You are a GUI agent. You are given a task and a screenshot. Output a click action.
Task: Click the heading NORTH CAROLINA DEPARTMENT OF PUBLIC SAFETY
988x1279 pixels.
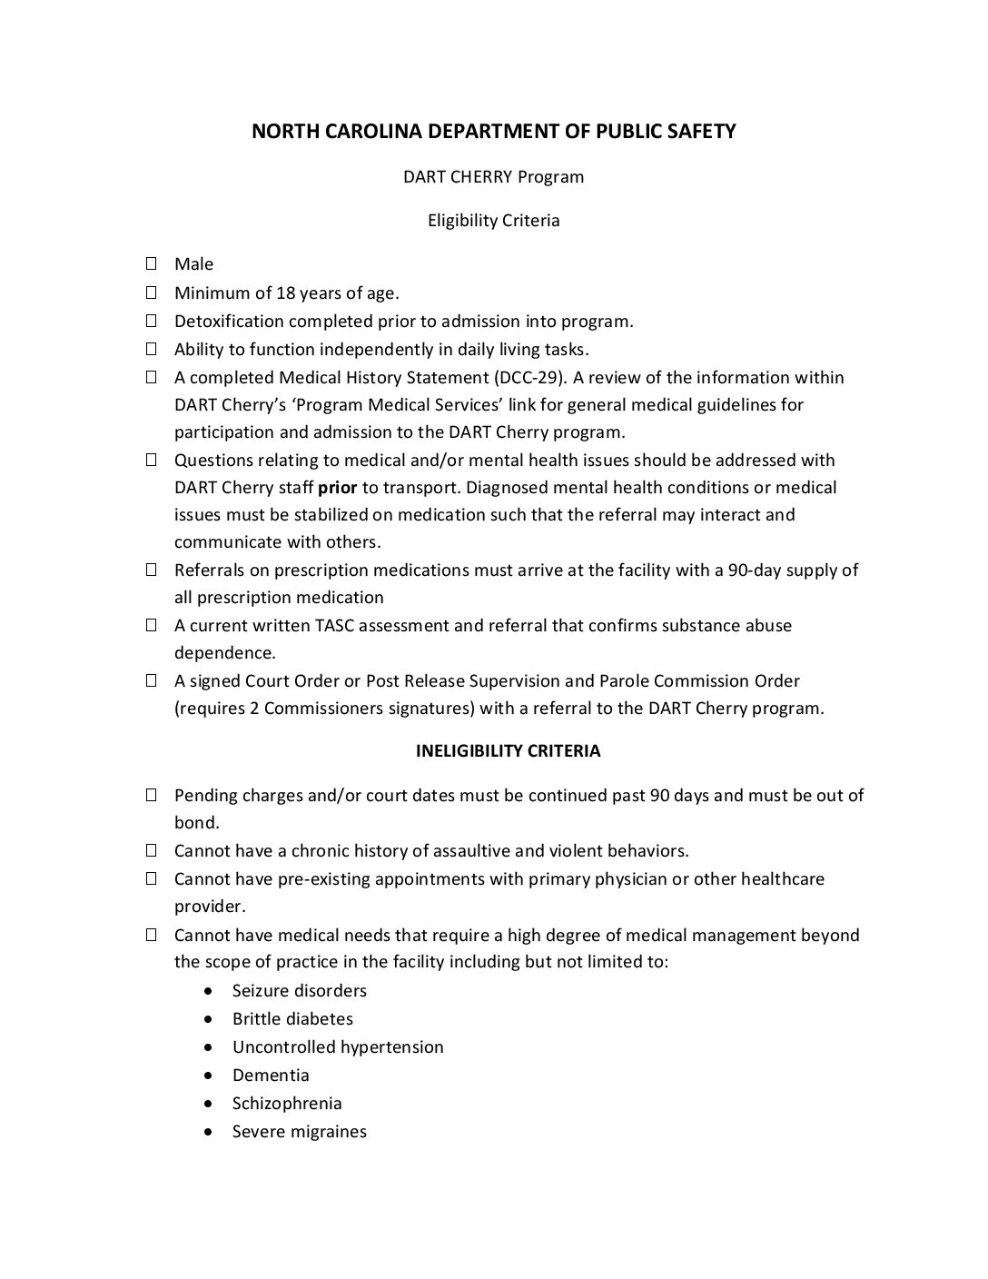493,132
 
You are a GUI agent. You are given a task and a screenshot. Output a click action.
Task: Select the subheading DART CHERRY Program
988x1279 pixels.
493,176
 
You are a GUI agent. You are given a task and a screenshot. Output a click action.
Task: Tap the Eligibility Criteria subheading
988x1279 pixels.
493,221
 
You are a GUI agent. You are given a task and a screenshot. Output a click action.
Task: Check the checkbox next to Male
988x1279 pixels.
152,264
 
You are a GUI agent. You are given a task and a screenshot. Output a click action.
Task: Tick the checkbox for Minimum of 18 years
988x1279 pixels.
152,292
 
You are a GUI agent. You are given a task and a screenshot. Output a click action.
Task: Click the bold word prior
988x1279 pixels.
337,487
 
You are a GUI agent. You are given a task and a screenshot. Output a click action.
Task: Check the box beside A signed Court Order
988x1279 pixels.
152,680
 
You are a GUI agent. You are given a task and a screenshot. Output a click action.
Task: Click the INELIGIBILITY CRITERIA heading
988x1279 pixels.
508,751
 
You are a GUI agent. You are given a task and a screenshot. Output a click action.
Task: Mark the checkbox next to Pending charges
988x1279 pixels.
152,796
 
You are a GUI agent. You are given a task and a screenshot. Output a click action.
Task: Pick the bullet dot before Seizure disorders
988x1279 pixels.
212,991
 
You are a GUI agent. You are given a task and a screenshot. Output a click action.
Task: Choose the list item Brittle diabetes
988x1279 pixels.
292,1019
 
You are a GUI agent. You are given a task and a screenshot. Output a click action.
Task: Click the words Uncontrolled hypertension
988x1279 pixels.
338,1047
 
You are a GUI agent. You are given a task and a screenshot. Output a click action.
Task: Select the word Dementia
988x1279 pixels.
271,1076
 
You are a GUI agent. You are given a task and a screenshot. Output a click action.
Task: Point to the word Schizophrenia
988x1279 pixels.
287,1104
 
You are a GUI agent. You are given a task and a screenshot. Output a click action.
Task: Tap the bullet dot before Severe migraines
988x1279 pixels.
212,1132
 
